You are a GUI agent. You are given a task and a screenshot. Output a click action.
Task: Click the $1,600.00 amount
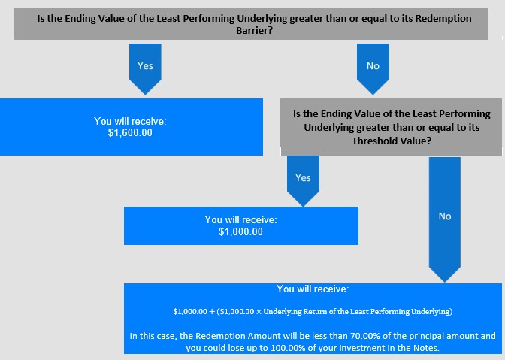tap(130, 133)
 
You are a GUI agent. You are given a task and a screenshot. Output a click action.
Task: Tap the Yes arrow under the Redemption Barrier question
tap(145, 69)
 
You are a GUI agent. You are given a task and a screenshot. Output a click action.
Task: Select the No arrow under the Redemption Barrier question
tap(373, 69)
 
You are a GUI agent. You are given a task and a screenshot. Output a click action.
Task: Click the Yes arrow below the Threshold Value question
tap(303, 180)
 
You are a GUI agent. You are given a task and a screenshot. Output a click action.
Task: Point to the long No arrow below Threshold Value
tap(445, 219)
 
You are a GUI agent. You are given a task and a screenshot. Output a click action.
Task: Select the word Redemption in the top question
tap(443, 18)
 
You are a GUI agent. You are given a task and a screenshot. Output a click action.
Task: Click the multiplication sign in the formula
tap(259, 312)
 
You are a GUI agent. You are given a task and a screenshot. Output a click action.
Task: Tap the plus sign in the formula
tap(212, 312)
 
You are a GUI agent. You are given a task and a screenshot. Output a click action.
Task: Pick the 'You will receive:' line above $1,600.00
tap(130, 121)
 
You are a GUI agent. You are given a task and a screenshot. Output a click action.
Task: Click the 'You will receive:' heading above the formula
tap(313, 289)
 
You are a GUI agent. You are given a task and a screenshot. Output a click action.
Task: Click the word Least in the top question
tap(169, 18)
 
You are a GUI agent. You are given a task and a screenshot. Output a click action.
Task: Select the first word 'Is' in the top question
tap(41, 18)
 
